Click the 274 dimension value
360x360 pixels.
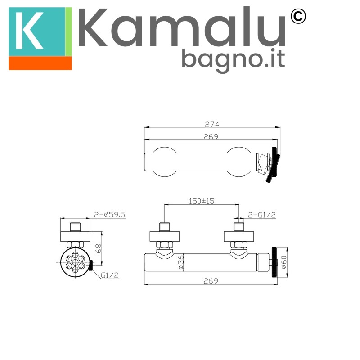(212, 124)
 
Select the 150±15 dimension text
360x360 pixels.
(202, 201)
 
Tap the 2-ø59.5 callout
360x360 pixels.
(109, 215)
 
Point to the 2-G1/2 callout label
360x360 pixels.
(262, 215)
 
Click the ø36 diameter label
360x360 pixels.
(181, 262)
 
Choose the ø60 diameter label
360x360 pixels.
(284, 262)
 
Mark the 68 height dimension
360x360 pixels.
(98, 248)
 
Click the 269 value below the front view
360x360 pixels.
(211, 281)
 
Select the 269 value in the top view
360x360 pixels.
(211, 137)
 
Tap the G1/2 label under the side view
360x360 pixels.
(110, 275)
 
